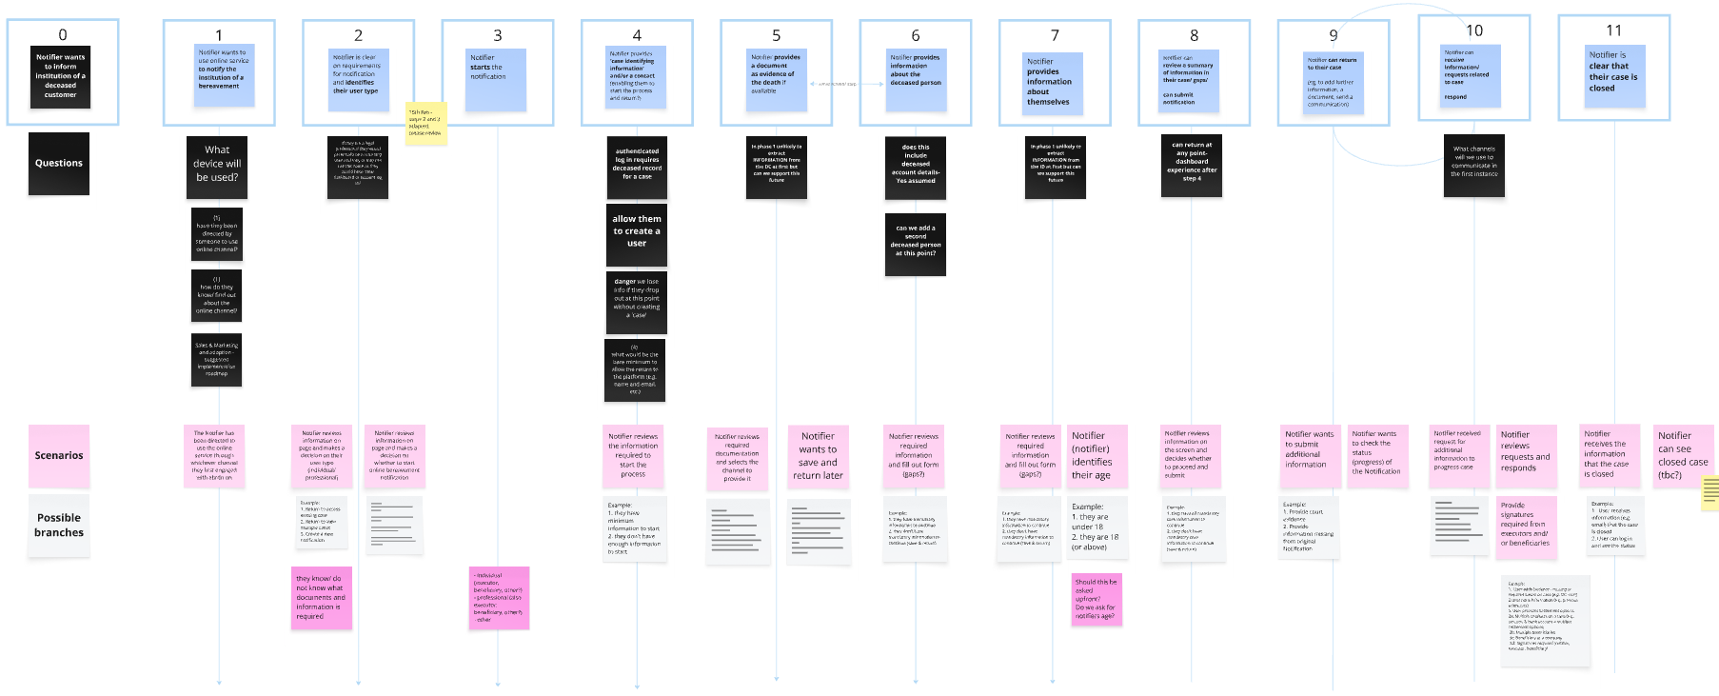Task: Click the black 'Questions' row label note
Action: pos(59,164)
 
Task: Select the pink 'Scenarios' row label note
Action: pos(59,456)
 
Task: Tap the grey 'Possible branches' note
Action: pos(59,526)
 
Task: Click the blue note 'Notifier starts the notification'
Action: pos(497,80)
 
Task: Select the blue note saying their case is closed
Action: pos(1613,78)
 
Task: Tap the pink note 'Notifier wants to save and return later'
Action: pos(819,457)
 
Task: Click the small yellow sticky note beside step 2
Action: pos(425,124)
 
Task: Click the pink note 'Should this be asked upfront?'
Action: pos(1096,599)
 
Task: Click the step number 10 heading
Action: pos(1473,31)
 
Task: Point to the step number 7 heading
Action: pos(1055,35)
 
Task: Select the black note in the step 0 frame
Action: pos(61,77)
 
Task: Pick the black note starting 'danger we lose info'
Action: pos(637,302)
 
